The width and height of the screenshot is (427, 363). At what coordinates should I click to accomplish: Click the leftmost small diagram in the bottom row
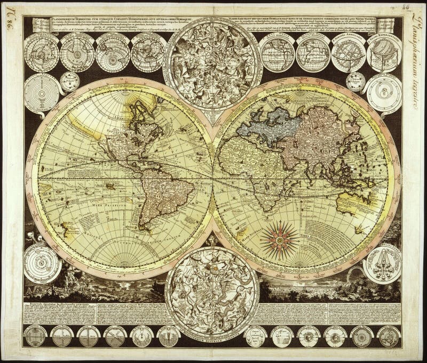36,336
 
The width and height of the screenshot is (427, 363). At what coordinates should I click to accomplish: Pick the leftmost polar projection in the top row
41,53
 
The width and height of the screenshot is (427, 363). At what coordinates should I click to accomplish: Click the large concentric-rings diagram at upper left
42,92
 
